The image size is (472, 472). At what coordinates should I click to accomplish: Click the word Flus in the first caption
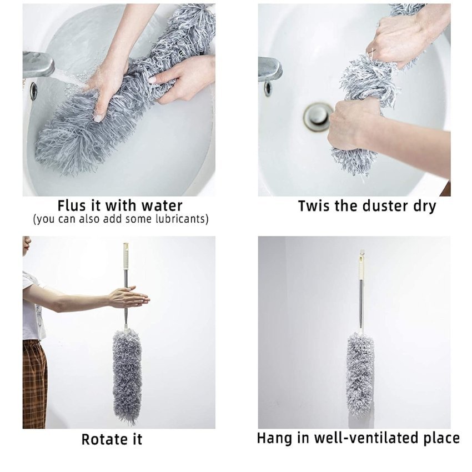[71, 206]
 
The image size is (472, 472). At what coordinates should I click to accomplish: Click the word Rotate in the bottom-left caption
[102, 439]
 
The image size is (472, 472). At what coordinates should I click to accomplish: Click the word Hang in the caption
[274, 438]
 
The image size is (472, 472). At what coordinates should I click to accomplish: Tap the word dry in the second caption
[423, 206]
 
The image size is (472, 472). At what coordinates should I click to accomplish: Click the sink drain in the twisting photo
[318, 116]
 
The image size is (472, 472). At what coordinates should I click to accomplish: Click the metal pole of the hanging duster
[361, 305]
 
